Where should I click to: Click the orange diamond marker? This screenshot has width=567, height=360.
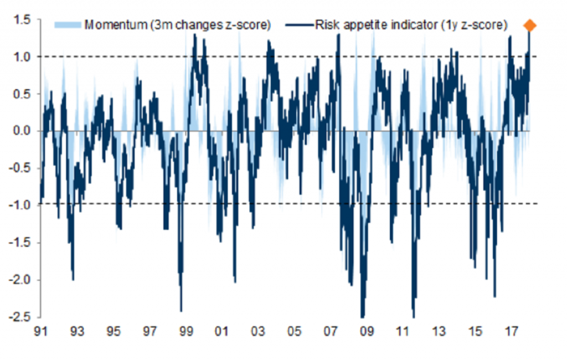(530, 25)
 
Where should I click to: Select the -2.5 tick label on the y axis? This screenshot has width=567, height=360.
(20, 317)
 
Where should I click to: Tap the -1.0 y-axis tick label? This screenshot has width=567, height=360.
(20, 205)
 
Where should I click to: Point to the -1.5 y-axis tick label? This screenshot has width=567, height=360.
(20, 243)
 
